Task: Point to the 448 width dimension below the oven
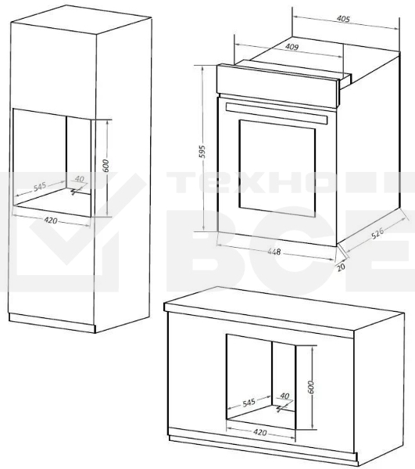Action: click(272, 252)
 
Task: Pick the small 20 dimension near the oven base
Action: click(341, 266)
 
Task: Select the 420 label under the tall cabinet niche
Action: click(52, 220)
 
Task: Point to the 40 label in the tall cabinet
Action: click(80, 179)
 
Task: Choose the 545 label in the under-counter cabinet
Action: click(250, 403)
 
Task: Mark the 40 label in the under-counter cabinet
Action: click(284, 396)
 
